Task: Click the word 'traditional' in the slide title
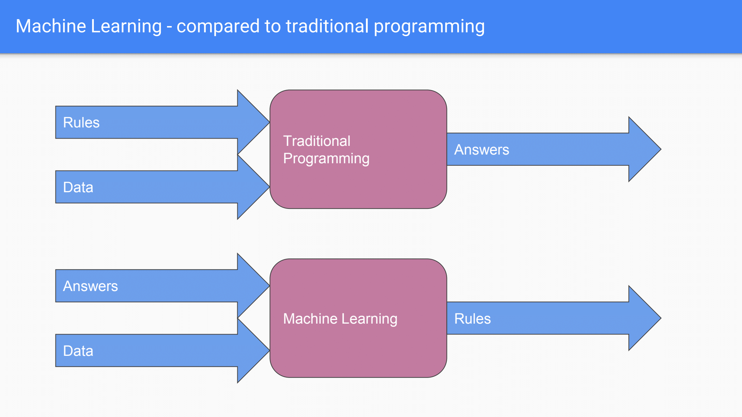(327, 26)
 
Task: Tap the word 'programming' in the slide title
(429, 27)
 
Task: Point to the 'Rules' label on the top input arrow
(81, 122)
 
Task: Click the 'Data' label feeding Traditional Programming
(78, 187)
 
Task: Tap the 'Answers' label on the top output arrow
(482, 149)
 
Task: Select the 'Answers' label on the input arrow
(90, 286)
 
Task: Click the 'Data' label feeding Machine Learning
(78, 351)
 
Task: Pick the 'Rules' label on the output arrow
(472, 319)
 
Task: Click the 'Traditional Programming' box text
(326, 149)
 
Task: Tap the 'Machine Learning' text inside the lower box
(340, 319)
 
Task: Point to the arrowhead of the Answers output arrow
(643, 149)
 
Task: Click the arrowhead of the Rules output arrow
(643, 318)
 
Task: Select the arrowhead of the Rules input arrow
(252, 122)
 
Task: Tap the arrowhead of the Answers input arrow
(252, 286)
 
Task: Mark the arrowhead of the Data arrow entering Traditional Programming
(252, 187)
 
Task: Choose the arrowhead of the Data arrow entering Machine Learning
(252, 351)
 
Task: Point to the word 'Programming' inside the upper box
(326, 159)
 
